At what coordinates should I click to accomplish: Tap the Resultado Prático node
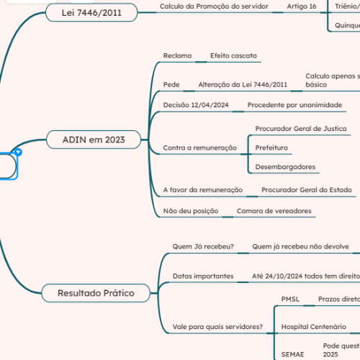point(96,292)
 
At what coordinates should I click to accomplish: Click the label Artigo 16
point(301,6)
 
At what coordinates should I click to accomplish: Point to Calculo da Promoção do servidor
point(213,6)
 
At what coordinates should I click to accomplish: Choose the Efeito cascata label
point(233,55)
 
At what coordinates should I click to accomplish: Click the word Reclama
point(177,55)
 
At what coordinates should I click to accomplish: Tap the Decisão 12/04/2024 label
point(196,106)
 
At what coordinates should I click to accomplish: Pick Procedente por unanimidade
point(294,106)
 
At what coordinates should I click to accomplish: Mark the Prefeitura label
point(271,148)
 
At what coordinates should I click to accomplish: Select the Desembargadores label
point(285,167)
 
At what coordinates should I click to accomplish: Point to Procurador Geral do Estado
point(306,190)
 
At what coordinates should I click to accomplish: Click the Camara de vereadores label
point(274,211)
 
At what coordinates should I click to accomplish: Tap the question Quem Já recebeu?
point(203,246)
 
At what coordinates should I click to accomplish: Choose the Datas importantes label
point(202,276)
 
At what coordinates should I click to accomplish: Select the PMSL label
point(290,298)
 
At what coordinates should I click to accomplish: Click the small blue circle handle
point(19,153)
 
